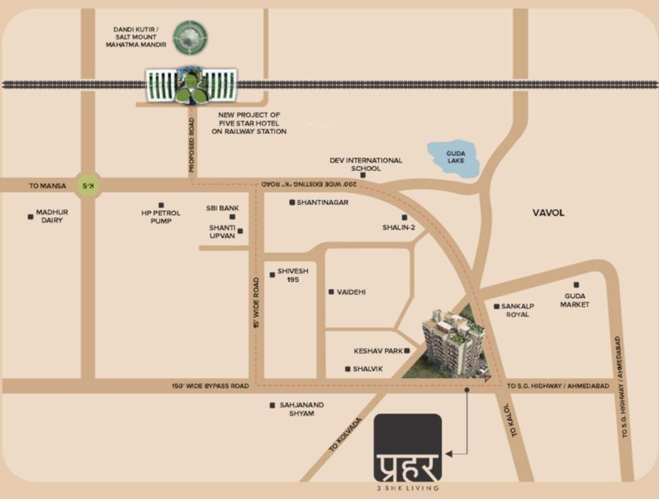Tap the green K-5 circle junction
point(87,186)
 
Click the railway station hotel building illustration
point(190,85)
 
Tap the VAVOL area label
point(549,212)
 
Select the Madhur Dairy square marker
point(31,216)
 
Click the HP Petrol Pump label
point(161,217)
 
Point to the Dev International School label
point(365,164)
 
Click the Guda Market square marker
point(576,285)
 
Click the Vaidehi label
point(351,292)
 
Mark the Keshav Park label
point(378,351)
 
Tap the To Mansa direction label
point(47,186)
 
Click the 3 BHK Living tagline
point(407,487)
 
